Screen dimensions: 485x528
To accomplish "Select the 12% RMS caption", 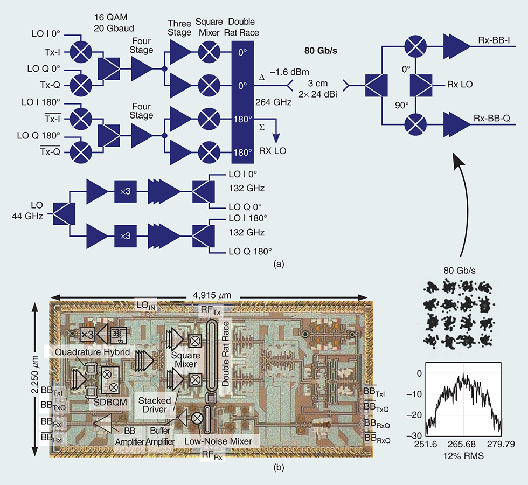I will coord(462,456).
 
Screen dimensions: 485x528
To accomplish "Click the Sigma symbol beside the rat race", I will coord(261,127).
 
